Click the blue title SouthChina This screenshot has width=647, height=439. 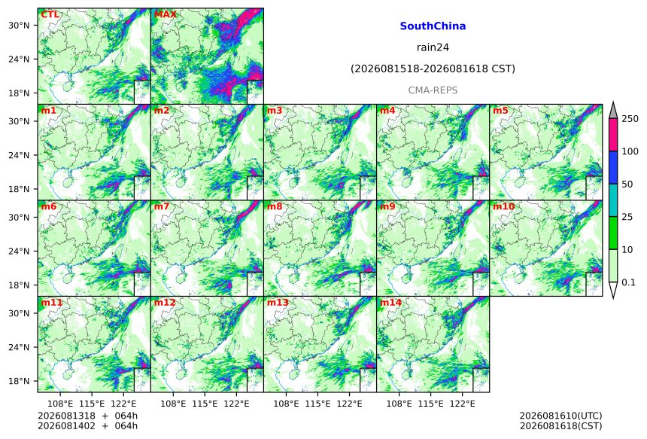[433, 26]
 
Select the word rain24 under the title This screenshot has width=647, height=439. [433, 47]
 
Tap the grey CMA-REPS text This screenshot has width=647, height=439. [433, 90]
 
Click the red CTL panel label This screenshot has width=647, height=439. [50, 14]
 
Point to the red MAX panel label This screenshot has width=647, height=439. [165, 14]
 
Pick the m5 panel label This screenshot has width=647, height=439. [500, 111]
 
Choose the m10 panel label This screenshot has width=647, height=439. [503, 206]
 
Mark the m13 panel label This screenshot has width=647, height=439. [278, 303]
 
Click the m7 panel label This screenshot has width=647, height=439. [162, 206]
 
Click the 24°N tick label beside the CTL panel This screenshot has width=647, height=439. [19, 59]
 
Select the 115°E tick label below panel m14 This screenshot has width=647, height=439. [431, 404]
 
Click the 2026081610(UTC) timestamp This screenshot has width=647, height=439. [560, 416]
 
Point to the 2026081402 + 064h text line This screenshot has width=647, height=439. [87, 425]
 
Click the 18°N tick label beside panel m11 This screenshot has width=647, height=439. [19, 381]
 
